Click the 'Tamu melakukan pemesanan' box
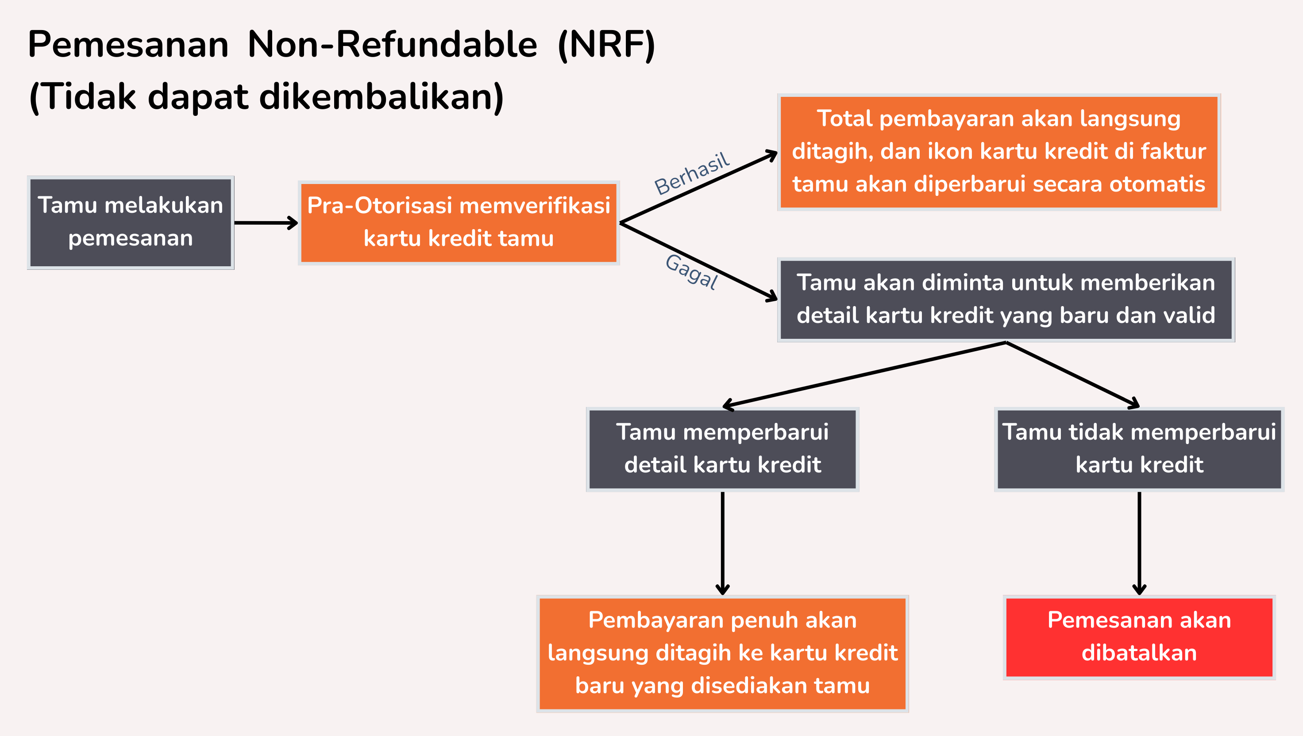point(131,222)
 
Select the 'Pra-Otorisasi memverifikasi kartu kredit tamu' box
point(458,222)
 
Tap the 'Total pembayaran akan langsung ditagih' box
point(998,152)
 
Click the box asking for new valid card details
point(1006,299)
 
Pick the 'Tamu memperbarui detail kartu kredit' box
point(722,449)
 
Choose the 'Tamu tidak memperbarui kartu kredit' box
point(1139,449)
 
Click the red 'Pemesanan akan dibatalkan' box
point(1139,637)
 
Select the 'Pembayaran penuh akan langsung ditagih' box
point(722,653)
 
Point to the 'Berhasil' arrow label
point(692,173)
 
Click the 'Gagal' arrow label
point(691,272)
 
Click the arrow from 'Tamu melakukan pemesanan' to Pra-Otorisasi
point(266,222)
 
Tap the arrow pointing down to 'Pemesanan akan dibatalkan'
point(1139,544)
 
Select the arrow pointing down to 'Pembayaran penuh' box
point(722,544)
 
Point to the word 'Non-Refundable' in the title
point(392,45)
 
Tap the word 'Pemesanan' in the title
point(128,45)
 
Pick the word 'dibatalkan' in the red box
point(1139,653)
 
